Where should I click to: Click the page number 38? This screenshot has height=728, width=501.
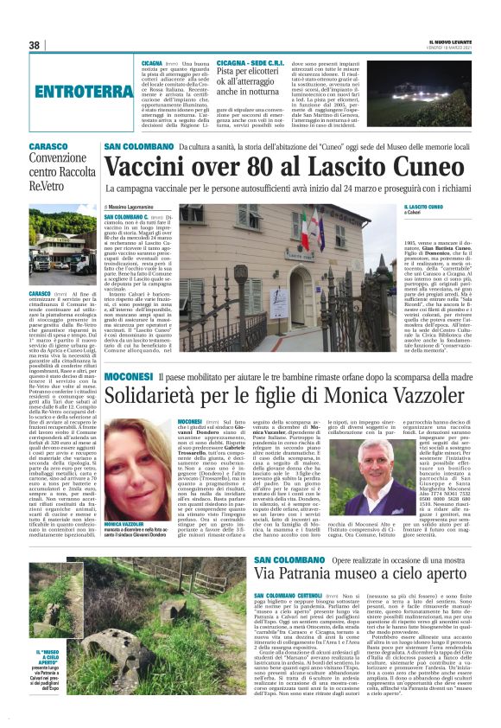coord(35,45)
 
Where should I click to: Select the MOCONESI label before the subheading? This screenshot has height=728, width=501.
coord(128,376)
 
